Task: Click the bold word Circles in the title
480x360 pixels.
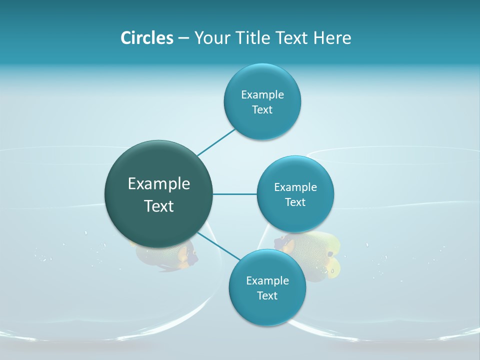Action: pos(147,38)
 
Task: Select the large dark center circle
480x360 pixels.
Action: pos(158,194)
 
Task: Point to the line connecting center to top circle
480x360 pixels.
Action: pos(216,142)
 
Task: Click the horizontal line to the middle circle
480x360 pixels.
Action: pos(234,194)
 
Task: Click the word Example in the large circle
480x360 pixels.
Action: pos(159,184)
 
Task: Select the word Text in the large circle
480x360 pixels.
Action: pos(159,206)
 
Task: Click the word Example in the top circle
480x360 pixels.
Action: pos(262,94)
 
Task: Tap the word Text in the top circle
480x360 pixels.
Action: pos(262,110)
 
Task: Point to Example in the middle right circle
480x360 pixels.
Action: pos(295,187)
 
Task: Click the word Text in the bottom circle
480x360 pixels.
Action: pos(267,296)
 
